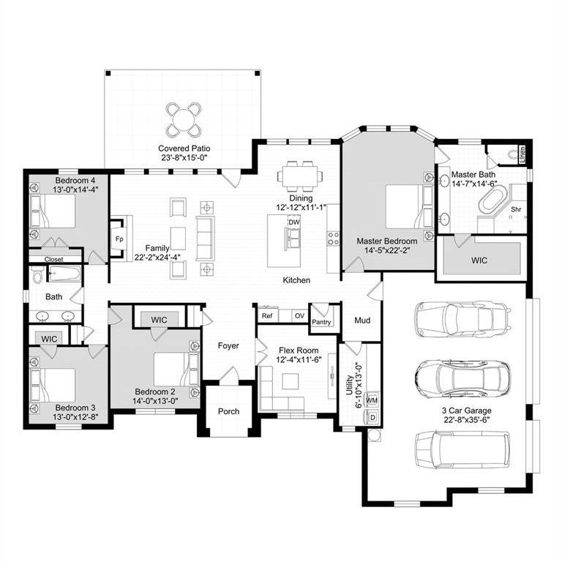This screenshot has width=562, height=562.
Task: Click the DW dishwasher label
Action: pyautogui.click(x=294, y=222)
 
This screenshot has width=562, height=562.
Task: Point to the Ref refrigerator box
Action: pyautogui.click(x=267, y=315)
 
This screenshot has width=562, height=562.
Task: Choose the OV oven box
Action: pyautogui.click(x=299, y=315)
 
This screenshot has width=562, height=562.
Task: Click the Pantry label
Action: pyautogui.click(x=321, y=321)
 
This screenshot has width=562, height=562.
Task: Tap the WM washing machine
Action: pyautogui.click(x=372, y=401)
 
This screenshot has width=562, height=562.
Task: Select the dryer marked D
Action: pyautogui.click(x=372, y=418)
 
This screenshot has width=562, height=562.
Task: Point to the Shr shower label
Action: pyautogui.click(x=515, y=209)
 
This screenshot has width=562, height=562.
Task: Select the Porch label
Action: pyautogui.click(x=228, y=411)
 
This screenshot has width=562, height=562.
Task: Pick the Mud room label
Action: pyautogui.click(x=362, y=320)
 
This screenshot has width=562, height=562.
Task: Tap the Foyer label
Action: pyautogui.click(x=228, y=345)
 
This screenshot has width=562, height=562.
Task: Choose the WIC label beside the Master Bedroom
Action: pyautogui.click(x=479, y=260)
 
